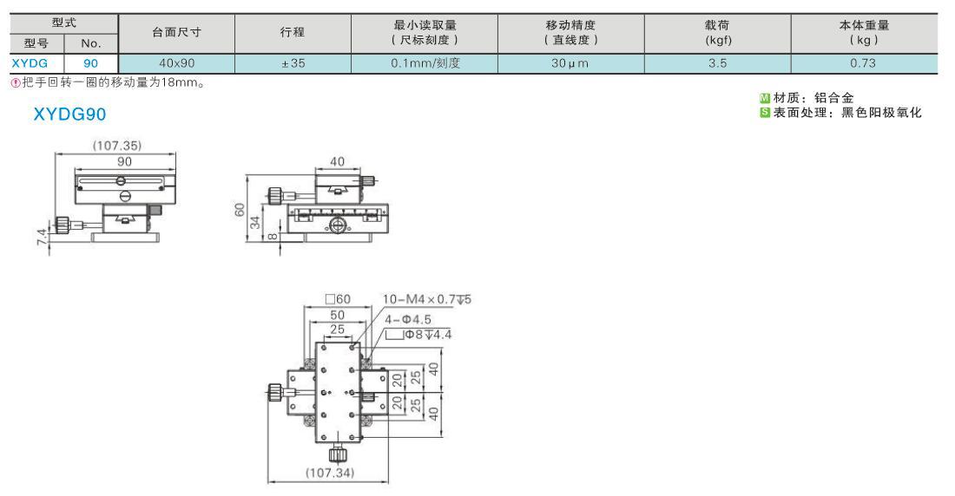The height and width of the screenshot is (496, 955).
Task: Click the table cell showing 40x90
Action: (176, 63)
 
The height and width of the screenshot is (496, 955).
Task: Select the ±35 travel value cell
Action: (293, 63)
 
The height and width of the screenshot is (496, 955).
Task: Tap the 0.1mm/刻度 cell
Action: (425, 63)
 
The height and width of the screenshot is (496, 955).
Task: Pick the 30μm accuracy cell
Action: (570, 63)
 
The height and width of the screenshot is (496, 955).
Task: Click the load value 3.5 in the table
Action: (717, 63)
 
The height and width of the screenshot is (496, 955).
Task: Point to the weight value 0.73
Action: (864, 63)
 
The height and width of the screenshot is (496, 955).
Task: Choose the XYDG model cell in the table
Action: (30, 63)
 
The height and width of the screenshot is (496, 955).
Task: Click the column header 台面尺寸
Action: (176, 33)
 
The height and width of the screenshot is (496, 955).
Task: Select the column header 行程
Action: (293, 33)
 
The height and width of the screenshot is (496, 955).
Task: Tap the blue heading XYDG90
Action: (69, 114)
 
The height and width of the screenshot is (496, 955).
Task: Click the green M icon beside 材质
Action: (764, 98)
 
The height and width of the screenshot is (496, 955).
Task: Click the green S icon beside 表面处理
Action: (764, 113)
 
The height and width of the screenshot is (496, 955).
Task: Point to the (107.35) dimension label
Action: (116, 146)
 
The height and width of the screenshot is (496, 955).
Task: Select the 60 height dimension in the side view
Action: (240, 209)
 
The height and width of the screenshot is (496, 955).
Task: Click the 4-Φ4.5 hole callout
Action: (407, 319)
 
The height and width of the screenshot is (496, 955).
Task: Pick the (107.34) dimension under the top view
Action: (330, 473)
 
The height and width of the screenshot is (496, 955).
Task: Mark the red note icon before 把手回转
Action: (16, 83)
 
